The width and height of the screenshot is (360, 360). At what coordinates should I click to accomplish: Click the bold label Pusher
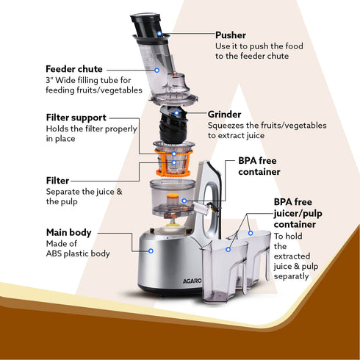coord(231,35)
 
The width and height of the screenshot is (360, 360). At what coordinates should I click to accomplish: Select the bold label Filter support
coord(76,117)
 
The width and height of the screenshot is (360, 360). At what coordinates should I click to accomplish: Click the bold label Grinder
coord(225,115)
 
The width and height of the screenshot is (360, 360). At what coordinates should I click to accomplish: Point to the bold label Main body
coord(69,232)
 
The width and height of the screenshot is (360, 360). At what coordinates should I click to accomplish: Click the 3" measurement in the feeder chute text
coord(51,80)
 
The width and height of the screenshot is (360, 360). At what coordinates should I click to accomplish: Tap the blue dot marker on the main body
coord(150,251)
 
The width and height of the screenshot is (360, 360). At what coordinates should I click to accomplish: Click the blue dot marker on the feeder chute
coord(159,69)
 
